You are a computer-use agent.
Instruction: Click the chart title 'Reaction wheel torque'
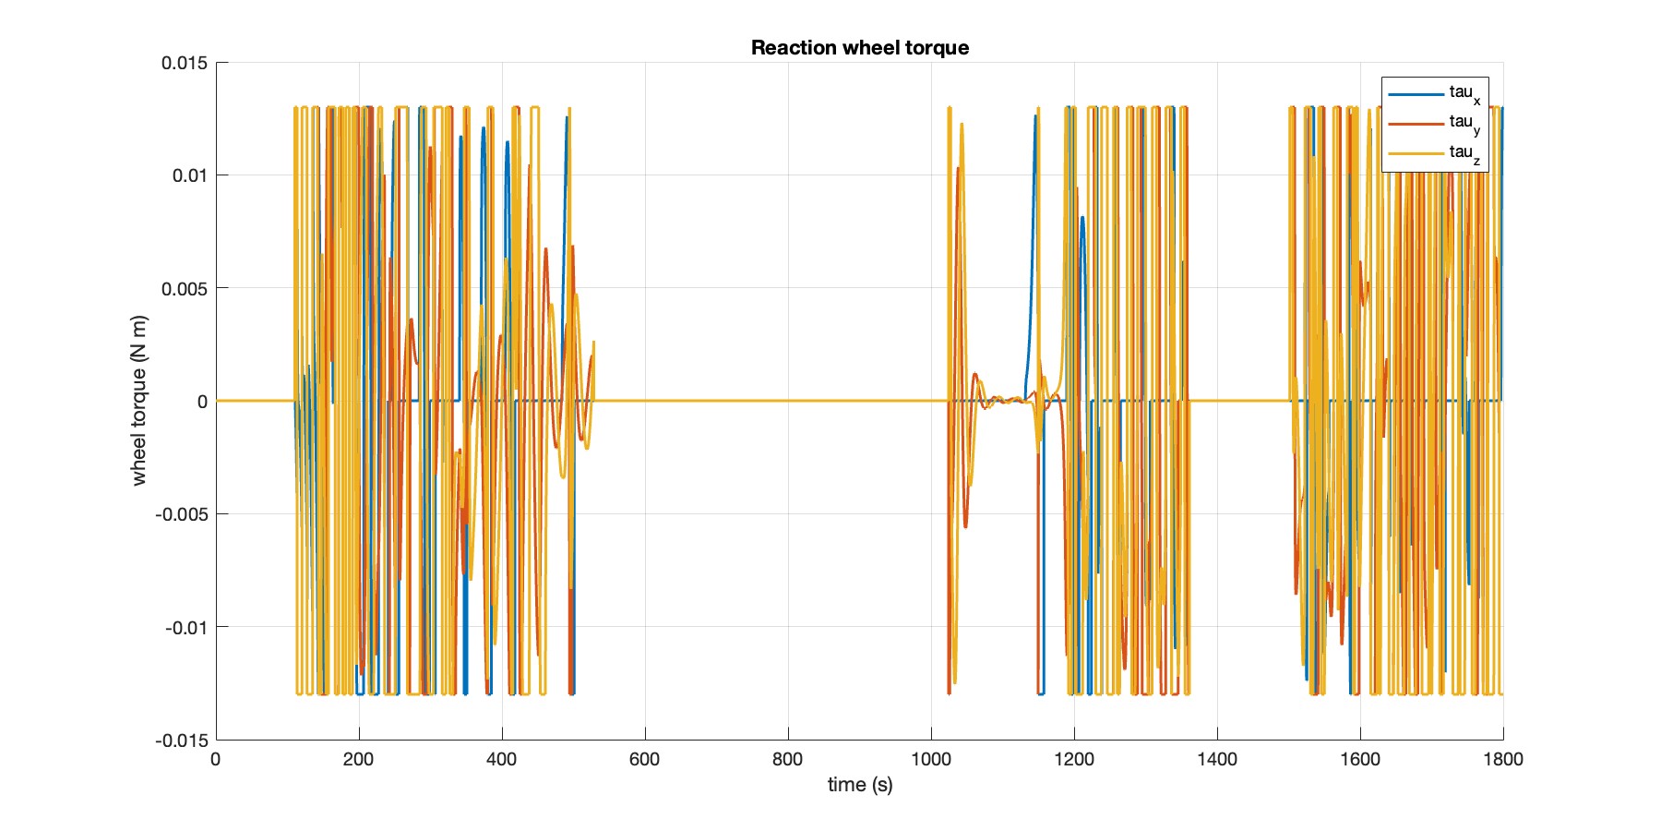coord(859,48)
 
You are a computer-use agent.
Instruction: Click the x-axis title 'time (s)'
coord(859,785)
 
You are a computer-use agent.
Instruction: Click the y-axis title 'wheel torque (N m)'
coord(139,401)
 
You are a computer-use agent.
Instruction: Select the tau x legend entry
coord(1464,93)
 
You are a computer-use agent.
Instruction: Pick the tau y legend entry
coord(1464,123)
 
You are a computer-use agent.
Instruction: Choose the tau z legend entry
coord(1464,153)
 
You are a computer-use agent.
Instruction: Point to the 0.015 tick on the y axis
coord(185,63)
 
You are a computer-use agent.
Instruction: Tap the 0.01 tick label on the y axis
coord(190,175)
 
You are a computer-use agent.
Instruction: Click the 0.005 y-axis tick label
coord(185,289)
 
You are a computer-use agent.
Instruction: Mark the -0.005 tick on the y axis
coord(182,514)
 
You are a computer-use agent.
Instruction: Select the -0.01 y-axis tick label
coord(187,628)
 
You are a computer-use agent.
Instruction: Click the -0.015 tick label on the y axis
coord(182,741)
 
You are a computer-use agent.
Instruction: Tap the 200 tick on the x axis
coord(358,760)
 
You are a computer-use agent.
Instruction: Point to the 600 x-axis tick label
coord(644,760)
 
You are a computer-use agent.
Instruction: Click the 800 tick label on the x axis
coord(788,760)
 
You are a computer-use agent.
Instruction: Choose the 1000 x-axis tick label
coord(931,760)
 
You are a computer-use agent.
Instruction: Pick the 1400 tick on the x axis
coord(1217,760)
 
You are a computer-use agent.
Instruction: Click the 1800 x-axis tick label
coord(1503,760)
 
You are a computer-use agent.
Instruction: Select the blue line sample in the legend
coord(1416,93)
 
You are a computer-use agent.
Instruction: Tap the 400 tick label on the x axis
coord(501,760)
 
